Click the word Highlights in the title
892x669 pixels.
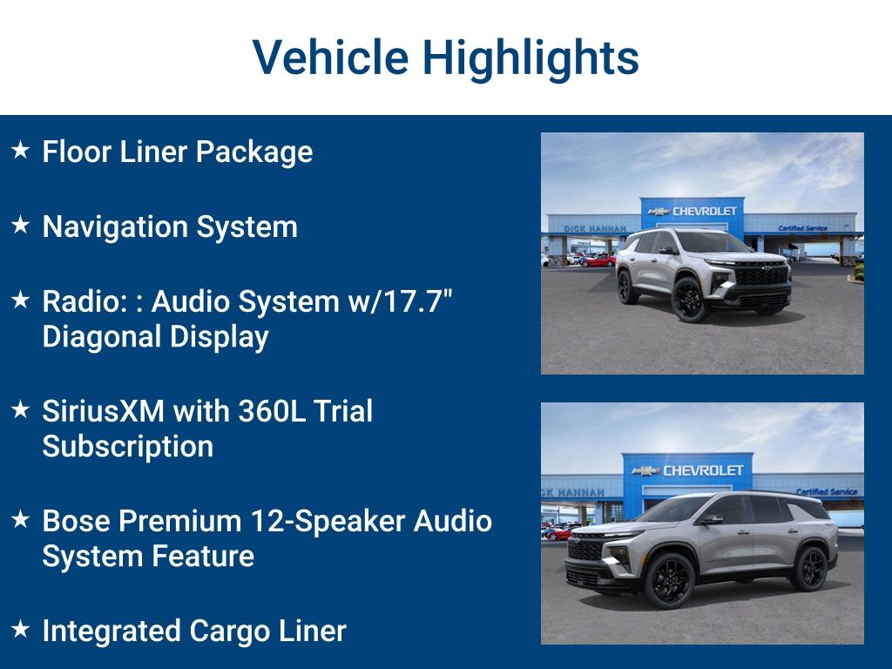coord(530,57)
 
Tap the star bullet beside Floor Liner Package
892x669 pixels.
coord(20,151)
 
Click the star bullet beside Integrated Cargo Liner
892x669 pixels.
coord(20,629)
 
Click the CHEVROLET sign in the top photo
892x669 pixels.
coord(704,211)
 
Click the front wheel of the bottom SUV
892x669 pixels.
coord(668,579)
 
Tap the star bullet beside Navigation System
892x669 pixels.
coord(20,226)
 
